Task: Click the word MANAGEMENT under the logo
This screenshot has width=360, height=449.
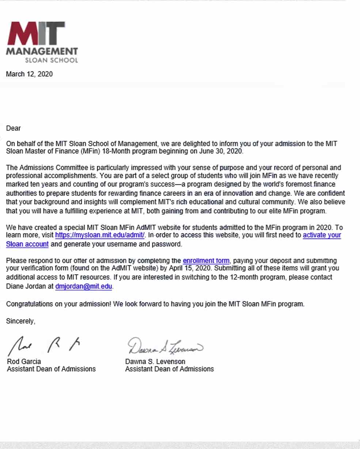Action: point(42,52)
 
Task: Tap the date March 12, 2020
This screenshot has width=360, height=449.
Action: point(29,74)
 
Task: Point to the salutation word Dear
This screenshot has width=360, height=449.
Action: point(14,128)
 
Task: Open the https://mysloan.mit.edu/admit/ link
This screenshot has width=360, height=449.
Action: point(100,235)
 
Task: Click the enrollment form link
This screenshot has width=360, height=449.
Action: point(206,261)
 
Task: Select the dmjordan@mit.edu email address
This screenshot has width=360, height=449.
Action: point(84,287)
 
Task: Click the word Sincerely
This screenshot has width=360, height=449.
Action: point(20,321)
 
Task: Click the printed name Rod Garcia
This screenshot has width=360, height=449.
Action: point(24,362)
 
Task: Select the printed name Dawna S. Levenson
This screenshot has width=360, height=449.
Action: point(155,362)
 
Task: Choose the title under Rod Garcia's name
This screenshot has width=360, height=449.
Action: point(51,369)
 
